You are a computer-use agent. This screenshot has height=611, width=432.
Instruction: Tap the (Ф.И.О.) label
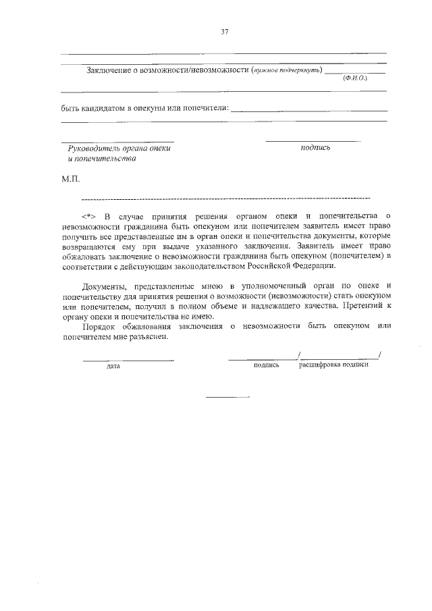click(354, 78)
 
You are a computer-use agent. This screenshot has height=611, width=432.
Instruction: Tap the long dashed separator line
click(225, 199)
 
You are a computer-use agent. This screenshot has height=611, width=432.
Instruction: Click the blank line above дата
click(128, 358)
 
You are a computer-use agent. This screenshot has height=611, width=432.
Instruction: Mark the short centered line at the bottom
click(227, 396)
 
